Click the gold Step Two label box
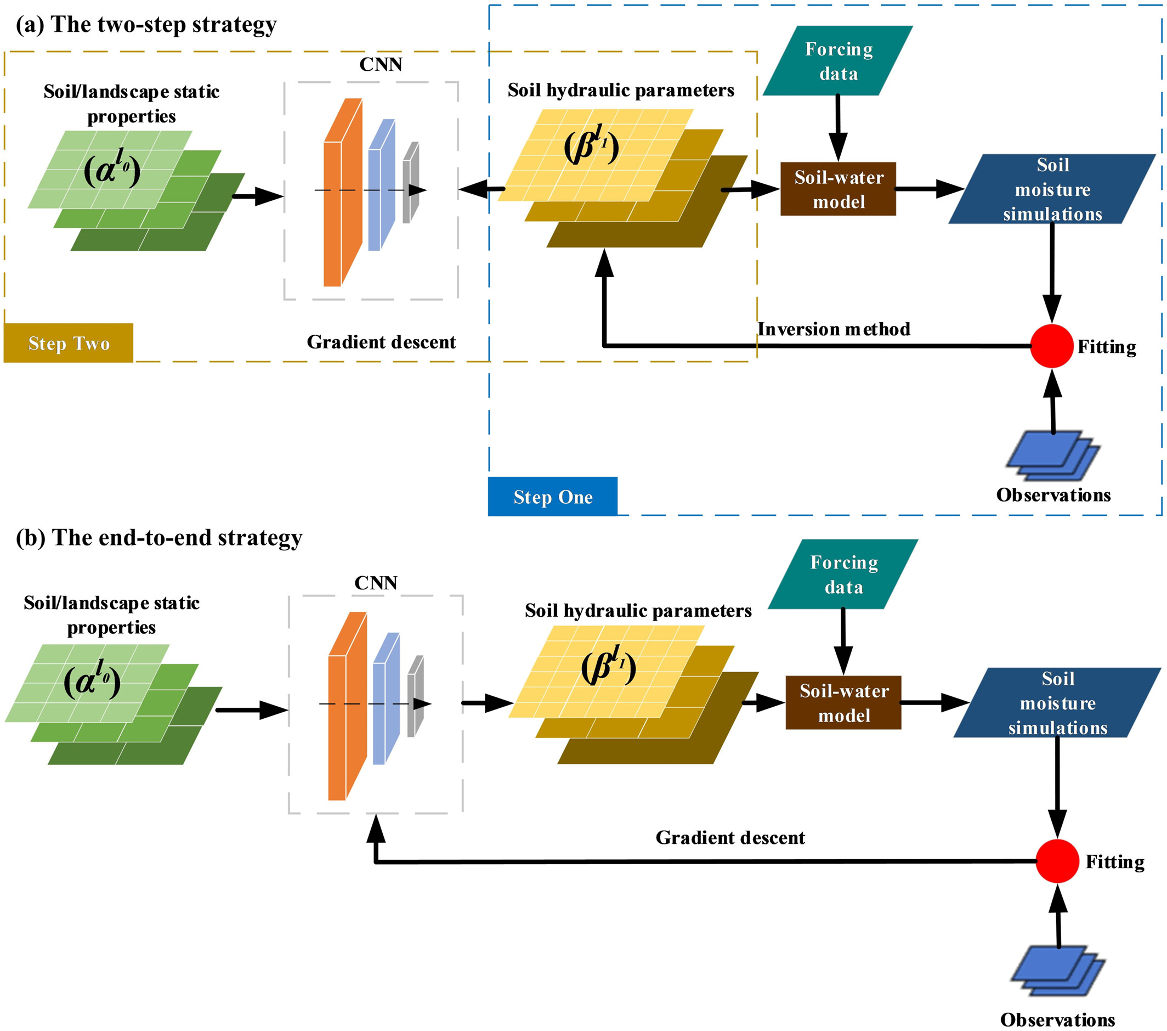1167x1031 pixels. [69, 343]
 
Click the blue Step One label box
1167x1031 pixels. [553, 497]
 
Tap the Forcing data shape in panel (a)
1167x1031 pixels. [838, 61]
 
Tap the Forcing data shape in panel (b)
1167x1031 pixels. [843, 574]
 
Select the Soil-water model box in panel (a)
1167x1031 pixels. [838, 189]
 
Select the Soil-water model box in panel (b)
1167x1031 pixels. [843, 702]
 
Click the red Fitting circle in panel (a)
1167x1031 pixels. [1052, 346]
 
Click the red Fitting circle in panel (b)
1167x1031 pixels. [1057, 861]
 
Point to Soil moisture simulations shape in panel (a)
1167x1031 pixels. [1052, 189]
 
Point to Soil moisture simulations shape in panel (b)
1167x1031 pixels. [1057, 703]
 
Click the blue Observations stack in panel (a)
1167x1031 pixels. [1052, 456]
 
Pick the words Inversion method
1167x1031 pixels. [834, 330]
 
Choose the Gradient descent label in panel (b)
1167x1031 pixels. [730, 838]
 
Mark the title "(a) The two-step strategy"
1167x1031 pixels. [146, 25]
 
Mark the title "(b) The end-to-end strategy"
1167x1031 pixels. [158, 538]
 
